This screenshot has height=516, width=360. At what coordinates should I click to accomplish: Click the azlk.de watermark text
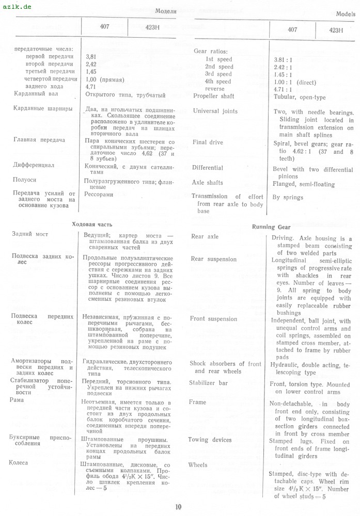[17, 7]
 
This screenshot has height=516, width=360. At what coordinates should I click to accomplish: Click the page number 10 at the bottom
[178, 507]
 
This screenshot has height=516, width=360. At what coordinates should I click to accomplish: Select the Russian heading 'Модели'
[166, 11]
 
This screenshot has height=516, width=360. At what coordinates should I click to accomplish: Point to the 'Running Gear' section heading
[271, 227]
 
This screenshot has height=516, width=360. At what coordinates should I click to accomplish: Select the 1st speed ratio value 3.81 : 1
[283, 60]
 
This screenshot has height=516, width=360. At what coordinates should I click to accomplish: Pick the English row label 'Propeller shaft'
[213, 96]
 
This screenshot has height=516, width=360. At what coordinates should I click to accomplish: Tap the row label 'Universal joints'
[215, 111]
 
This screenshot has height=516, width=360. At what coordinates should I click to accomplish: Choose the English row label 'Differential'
[208, 168]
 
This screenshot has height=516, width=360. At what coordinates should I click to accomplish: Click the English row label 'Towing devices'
[210, 440]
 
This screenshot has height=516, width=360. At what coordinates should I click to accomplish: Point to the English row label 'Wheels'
[198, 465]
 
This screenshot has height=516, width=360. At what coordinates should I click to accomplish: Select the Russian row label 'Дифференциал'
[34, 166]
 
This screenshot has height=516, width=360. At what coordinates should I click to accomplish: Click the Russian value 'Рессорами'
[99, 195]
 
